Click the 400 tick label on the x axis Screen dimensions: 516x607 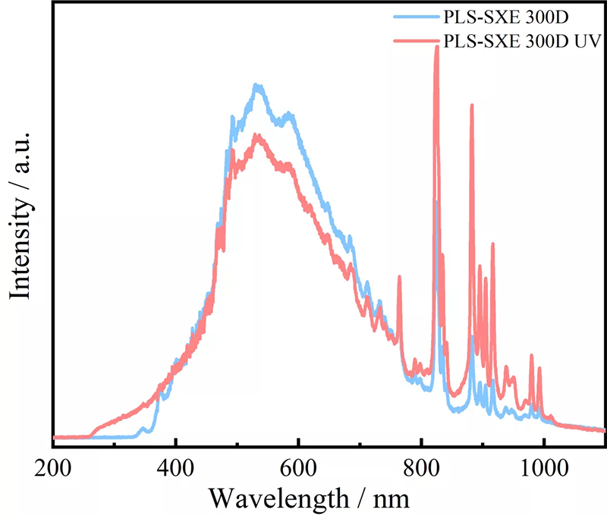[175, 467]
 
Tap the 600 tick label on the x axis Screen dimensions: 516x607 [298, 467]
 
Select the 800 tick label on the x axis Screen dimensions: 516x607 [421, 467]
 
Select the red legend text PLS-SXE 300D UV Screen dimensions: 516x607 [524, 39]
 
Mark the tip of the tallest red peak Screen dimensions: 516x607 [436, 46]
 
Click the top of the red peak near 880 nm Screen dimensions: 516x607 [471, 105]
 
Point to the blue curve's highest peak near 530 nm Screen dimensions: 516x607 [258, 85]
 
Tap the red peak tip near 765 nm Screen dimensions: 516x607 [399, 277]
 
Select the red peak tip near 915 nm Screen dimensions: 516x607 [492, 244]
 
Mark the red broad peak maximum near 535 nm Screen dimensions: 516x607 [258, 135]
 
